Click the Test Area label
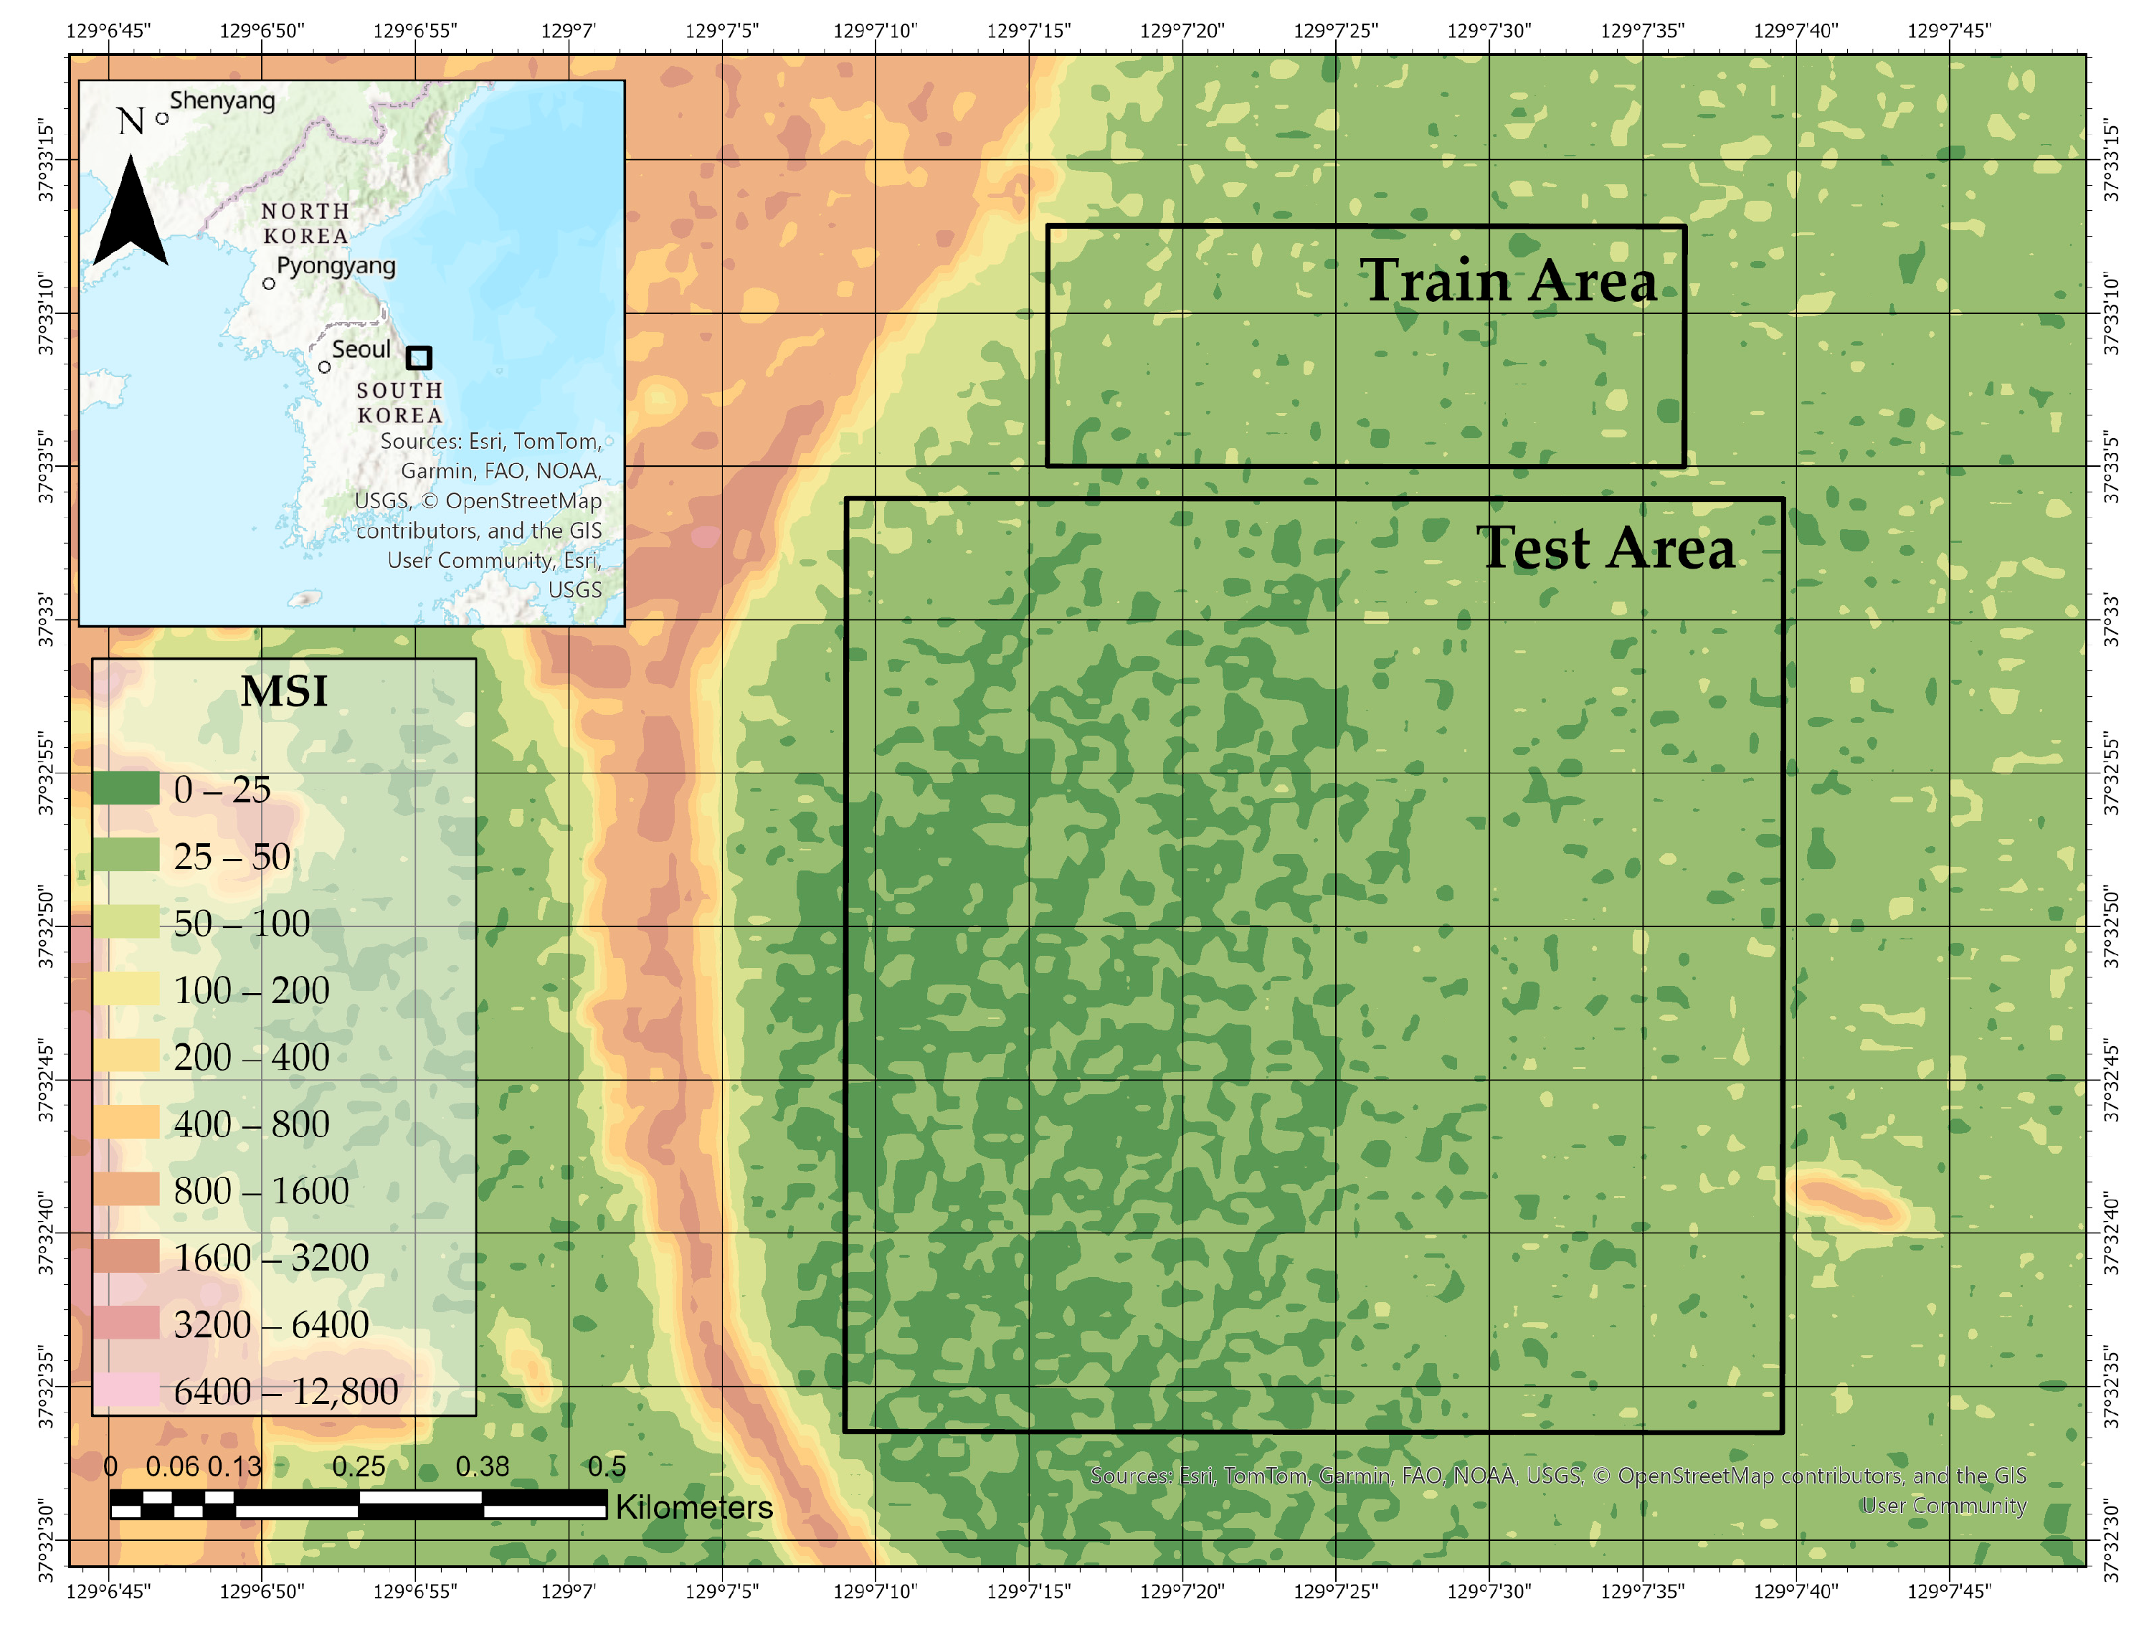(1604, 548)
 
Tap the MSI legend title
(283, 692)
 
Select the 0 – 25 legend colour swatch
(125, 788)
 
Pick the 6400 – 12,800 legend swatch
(125, 1390)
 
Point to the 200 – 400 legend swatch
(125, 1056)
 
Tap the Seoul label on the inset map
(361, 348)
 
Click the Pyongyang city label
(336, 266)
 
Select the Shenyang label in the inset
(222, 100)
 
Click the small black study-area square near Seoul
(418, 358)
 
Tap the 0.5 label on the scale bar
(606, 1466)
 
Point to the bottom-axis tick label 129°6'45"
(108, 1592)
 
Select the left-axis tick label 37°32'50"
(45, 926)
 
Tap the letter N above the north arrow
(131, 122)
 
